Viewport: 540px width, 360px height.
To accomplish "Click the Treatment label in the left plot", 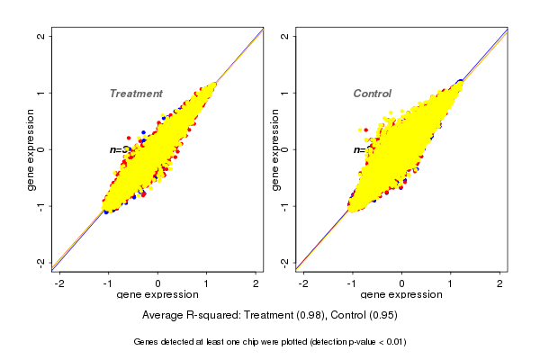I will click(x=136, y=94).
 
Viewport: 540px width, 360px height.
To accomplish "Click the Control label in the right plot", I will click(x=372, y=94).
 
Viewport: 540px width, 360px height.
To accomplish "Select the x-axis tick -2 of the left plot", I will click(x=60, y=283).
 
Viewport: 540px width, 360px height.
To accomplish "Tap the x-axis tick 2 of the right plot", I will click(x=499, y=283).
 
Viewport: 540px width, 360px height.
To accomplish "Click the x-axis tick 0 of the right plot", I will click(x=401, y=283).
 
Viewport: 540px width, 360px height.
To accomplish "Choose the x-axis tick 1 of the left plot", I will click(x=207, y=283).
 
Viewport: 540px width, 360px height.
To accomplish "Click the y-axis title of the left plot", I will click(x=31, y=149).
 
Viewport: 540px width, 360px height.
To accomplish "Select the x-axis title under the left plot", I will click(x=158, y=295).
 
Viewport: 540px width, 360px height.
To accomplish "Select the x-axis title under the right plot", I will click(x=401, y=295).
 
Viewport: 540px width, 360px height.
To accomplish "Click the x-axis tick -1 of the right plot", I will click(x=353, y=283).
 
